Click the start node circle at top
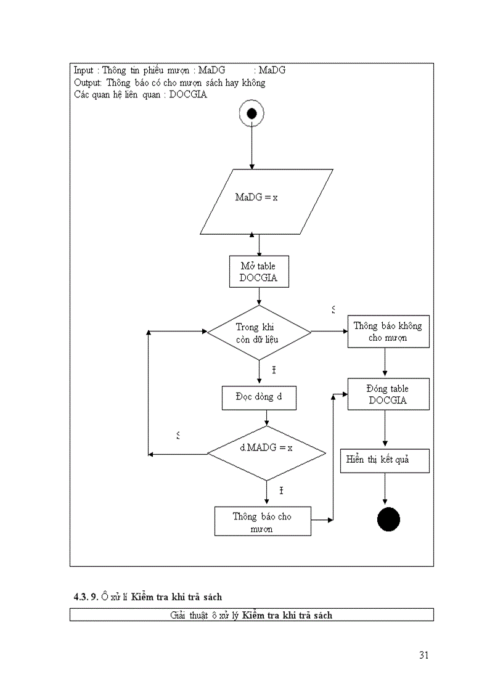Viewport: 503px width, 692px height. [251, 113]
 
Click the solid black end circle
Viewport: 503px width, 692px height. [388, 519]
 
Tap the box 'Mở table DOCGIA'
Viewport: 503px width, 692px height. [258, 272]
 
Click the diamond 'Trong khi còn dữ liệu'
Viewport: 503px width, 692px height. [259, 333]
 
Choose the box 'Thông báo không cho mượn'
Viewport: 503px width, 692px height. [388, 332]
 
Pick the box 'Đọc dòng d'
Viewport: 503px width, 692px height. [258, 397]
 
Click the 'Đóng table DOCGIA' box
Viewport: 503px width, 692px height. [388, 394]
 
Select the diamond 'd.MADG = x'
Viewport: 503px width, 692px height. [266, 453]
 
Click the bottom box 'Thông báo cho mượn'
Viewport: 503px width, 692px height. [263, 522]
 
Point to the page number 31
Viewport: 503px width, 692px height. [423, 655]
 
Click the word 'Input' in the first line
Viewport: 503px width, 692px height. [84, 70]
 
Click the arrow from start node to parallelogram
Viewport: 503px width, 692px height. [251, 148]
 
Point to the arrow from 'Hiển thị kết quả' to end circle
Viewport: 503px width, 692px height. [385, 489]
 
